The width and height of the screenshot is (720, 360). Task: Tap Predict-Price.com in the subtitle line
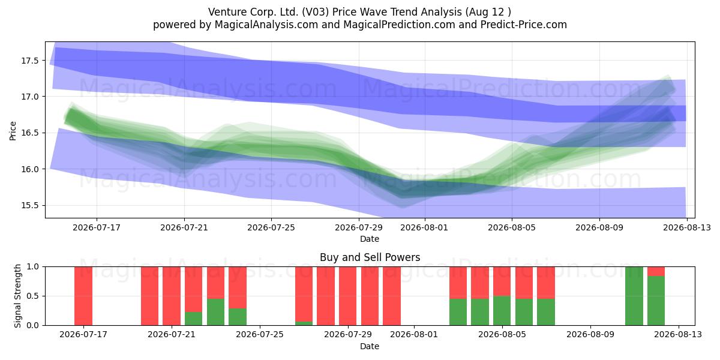pos(524,25)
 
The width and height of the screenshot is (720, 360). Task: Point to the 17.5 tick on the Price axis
pos(29,61)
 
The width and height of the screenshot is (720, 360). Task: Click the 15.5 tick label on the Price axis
pos(29,205)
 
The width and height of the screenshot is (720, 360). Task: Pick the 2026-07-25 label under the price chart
pos(271,227)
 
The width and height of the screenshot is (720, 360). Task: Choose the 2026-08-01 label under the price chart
pos(424,227)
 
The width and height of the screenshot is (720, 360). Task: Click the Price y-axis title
pos(13,131)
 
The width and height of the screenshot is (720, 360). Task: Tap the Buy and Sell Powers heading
pos(370,257)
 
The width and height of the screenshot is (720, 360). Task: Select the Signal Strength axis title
pos(17,296)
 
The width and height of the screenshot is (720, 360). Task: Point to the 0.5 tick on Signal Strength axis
pos(32,296)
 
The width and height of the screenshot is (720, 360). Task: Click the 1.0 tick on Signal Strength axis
pos(32,266)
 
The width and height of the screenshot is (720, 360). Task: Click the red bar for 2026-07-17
pos(83,296)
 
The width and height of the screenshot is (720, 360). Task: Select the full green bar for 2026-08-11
pos(634,296)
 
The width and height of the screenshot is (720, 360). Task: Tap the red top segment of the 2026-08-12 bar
pos(656,271)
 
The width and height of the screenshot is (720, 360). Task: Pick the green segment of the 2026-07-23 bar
pos(215,312)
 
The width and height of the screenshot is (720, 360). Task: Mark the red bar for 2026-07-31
pos(392,296)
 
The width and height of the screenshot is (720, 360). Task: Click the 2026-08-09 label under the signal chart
pos(590,334)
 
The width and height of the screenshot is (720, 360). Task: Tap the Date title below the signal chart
pos(370,346)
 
